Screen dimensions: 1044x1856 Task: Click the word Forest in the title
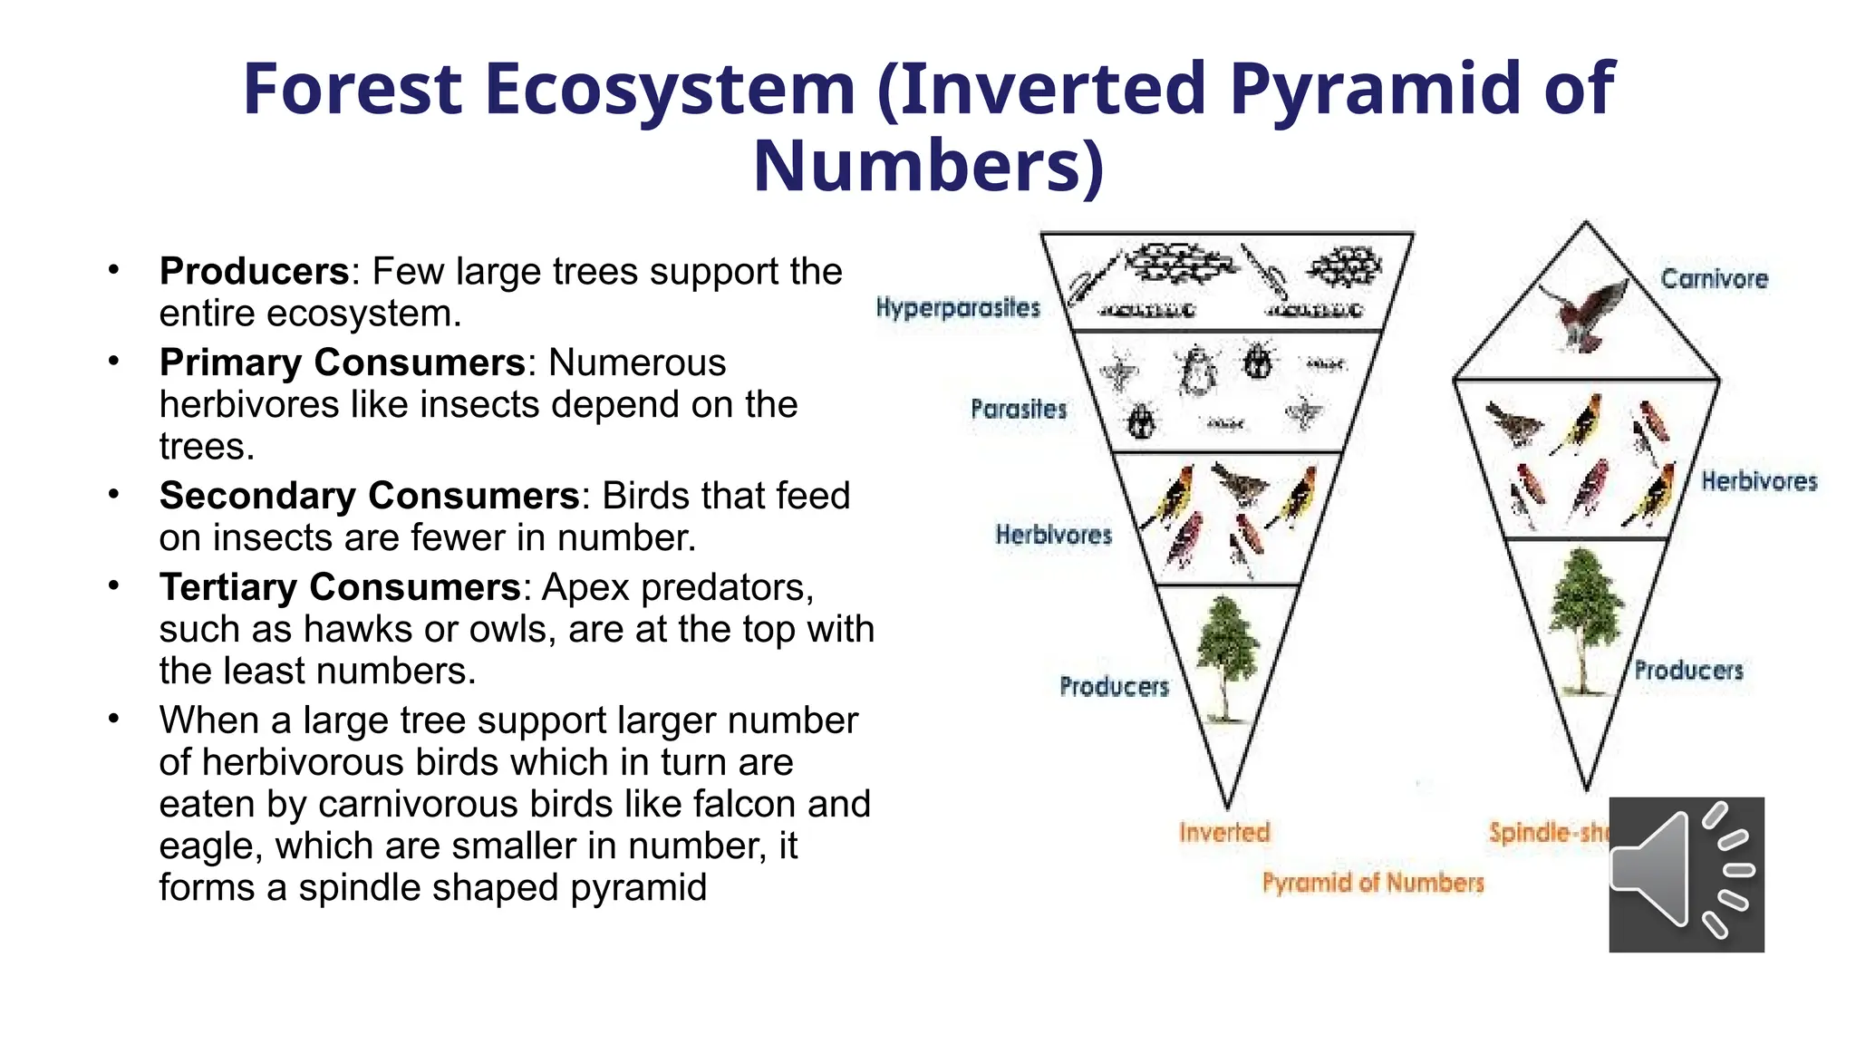point(353,89)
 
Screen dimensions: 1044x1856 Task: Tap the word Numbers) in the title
point(928,167)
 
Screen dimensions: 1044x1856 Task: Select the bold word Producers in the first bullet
point(254,271)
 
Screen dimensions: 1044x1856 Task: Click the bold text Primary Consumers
point(342,362)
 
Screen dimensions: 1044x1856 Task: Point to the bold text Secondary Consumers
point(369,496)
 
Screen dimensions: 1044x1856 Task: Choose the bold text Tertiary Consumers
point(339,587)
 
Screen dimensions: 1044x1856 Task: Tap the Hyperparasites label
point(957,308)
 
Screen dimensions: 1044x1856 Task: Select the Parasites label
point(1018,410)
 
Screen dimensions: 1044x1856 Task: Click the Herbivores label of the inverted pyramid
point(1053,535)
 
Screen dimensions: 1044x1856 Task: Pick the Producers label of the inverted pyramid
point(1114,687)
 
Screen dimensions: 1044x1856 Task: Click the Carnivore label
point(1714,279)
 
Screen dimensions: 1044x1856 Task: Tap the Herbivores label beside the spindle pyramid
point(1758,481)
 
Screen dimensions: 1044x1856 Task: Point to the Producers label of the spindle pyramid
point(1688,671)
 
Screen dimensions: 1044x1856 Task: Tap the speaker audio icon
point(1686,875)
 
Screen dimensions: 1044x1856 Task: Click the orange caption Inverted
point(1224,832)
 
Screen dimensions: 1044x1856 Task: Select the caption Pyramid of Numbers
point(1373,883)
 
